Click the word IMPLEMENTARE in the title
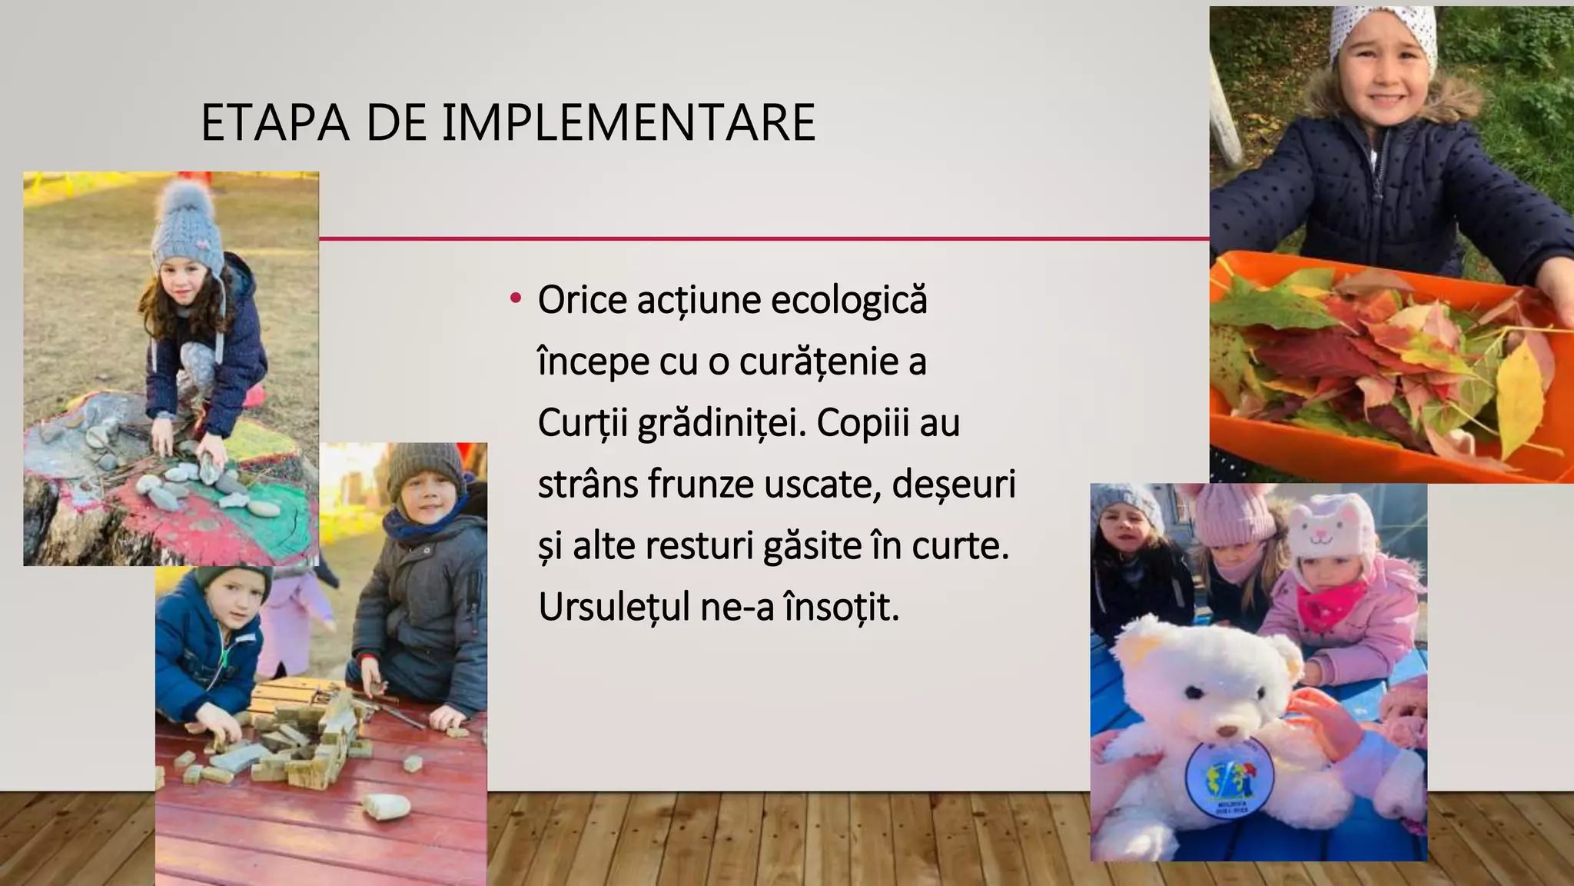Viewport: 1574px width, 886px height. [x=628, y=123]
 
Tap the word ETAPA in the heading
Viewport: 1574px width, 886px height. [x=274, y=123]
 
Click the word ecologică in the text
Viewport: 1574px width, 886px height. [x=849, y=300]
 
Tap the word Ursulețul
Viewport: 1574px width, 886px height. [x=614, y=608]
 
